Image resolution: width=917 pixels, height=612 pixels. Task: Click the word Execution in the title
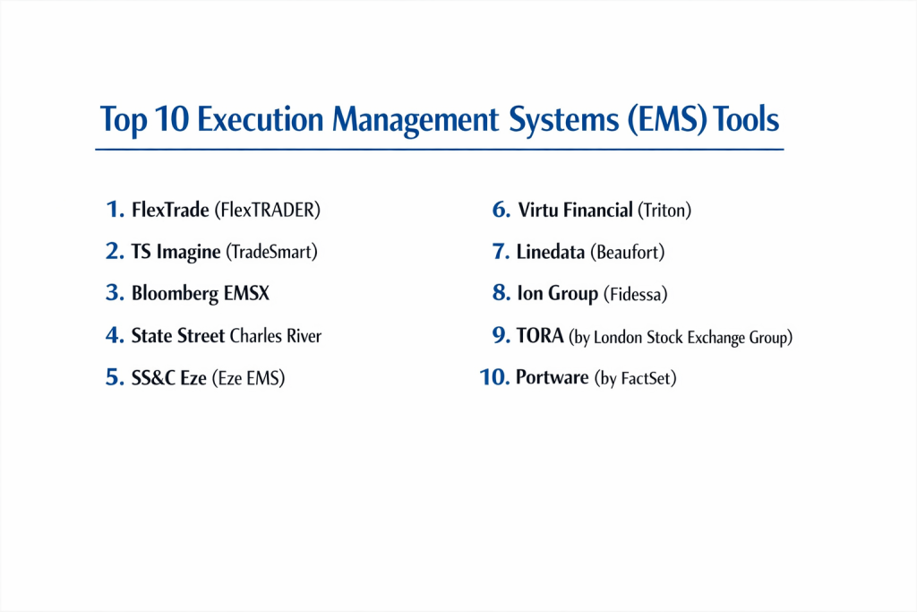click(x=260, y=119)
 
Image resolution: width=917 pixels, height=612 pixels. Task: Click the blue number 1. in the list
click(x=116, y=209)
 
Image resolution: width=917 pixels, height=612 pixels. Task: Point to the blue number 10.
click(x=494, y=377)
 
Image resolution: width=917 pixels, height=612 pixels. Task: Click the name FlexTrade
click(x=170, y=210)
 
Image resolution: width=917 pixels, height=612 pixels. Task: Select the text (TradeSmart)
click(x=271, y=252)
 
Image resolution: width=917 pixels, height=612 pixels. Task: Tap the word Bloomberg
click(x=175, y=294)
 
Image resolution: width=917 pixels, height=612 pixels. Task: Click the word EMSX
click(x=246, y=292)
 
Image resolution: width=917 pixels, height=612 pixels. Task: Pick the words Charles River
click(x=276, y=336)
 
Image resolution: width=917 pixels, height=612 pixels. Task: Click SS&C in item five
click(x=153, y=378)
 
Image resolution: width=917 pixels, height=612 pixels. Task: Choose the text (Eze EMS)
click(x=248, y=378)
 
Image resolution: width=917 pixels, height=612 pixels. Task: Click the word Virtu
click(x=538, y=210)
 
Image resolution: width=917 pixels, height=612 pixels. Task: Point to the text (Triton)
click(x=664, y=210)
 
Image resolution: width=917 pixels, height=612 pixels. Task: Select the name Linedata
click(x=551, y=252)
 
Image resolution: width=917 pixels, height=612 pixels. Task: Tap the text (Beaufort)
click(x=628, y=252)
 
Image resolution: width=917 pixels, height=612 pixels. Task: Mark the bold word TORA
click(x=540, y=336)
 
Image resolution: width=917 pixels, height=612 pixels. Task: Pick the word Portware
click(x=552, y=377)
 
